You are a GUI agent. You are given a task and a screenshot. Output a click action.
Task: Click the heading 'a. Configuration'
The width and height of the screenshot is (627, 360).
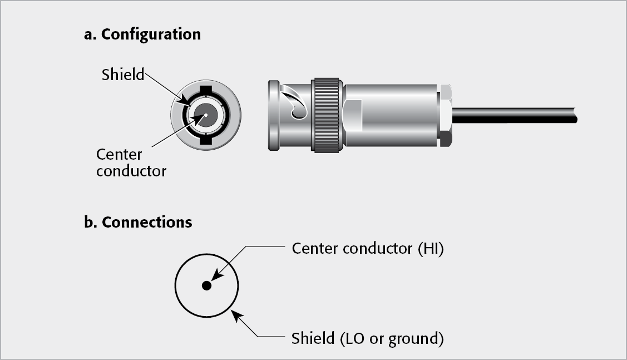point(142,34)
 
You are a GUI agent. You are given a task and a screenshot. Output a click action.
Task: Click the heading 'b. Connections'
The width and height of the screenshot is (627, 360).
point(138,223)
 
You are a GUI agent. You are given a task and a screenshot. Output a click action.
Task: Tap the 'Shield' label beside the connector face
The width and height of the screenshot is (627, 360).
point(122,75)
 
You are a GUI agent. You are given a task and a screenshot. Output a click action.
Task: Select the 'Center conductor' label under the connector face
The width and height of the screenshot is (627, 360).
point(131,162)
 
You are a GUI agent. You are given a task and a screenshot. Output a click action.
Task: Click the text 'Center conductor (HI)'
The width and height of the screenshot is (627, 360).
point(367,249)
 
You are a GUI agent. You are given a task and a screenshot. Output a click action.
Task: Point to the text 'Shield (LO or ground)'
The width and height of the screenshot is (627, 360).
point(367,338)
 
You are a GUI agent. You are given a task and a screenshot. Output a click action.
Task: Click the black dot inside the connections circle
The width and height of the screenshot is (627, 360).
point(206,285)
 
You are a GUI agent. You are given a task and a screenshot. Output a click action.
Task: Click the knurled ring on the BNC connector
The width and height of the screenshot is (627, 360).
point(326,115)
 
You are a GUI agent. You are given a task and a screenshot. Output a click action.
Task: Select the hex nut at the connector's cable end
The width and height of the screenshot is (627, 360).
point(445,116)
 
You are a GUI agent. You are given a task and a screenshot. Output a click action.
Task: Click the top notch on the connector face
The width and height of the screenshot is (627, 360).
point(205,89)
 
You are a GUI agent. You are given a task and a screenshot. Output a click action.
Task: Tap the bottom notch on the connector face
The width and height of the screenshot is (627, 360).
point(205,142)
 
